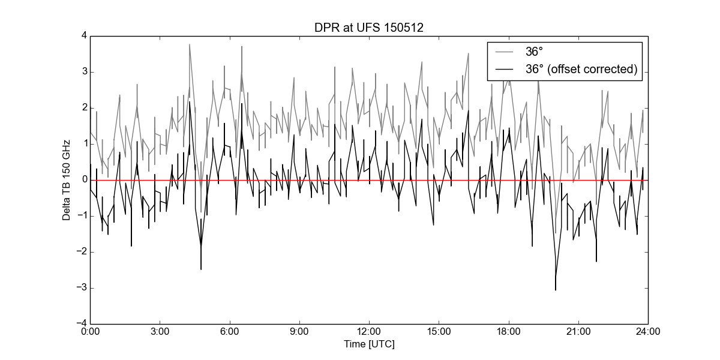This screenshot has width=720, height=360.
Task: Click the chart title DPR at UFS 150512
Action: [368, 28]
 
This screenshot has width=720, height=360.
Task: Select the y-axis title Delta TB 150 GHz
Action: [66, 181]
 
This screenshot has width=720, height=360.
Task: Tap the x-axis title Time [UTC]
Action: [369, 344]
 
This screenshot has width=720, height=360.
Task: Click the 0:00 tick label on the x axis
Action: [91, 331]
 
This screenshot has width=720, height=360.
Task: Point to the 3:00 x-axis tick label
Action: [160, 331]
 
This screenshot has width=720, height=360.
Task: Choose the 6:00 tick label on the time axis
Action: [229, 331]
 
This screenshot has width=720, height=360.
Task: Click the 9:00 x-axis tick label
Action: [299, 331]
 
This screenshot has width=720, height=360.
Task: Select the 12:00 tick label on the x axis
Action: [369, 331]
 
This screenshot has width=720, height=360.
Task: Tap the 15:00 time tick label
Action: [439, 331]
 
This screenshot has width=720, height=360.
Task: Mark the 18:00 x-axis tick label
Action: [509, 331]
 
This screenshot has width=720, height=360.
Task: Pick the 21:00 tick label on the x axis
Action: [578, 331]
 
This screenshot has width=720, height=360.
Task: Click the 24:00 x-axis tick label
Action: [648, 331]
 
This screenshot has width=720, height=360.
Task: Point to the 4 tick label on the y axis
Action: [85, 35]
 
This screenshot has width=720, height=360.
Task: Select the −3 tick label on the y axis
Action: [82, 287]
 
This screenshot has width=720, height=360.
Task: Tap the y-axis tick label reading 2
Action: [85, 107]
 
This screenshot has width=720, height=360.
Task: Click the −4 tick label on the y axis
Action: [82, 323]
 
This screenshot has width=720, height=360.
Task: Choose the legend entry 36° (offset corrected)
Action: [581, 69]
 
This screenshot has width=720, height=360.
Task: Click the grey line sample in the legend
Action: [505, 52]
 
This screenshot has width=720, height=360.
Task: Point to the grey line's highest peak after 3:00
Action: [190, 44]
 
